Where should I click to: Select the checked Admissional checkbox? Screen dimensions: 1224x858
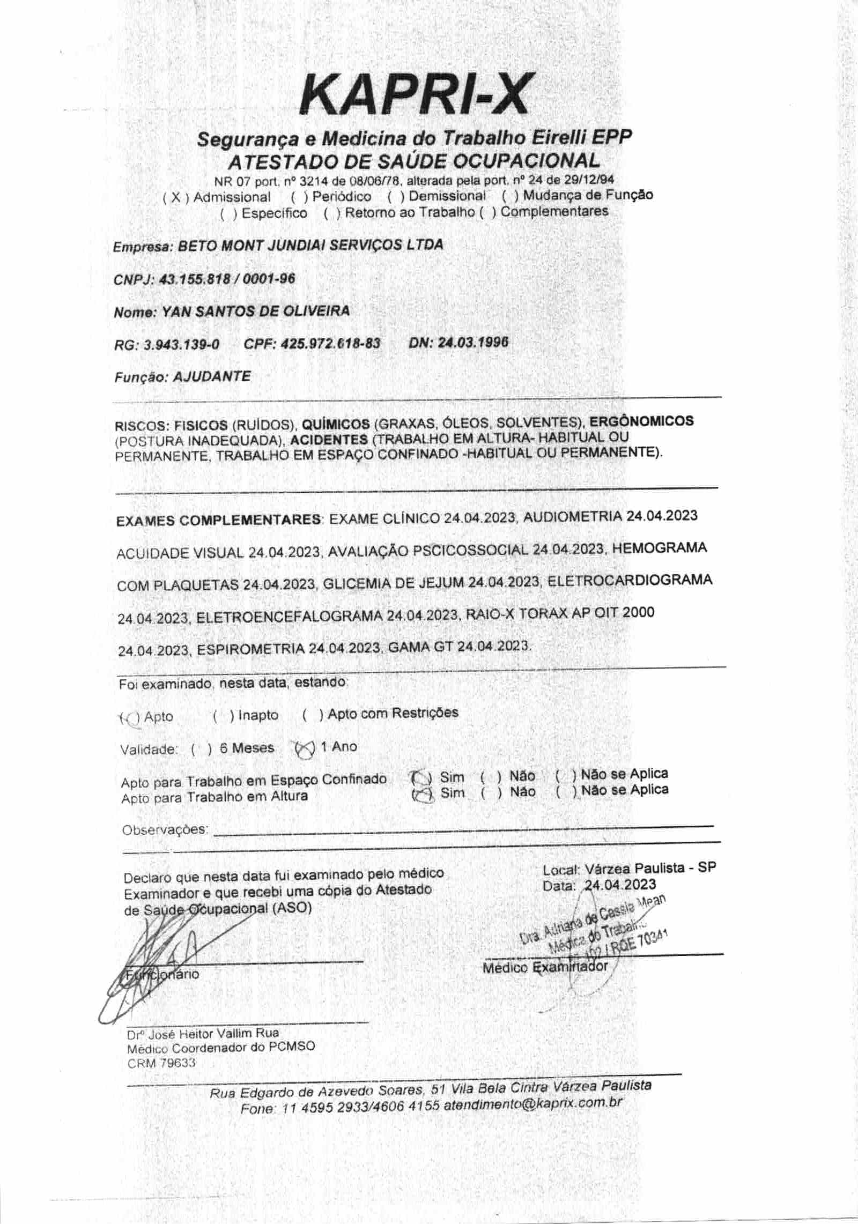tap(175, 198)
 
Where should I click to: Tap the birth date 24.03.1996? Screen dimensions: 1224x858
tap(472, 342)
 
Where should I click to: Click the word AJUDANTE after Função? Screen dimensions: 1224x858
tap(211, 376)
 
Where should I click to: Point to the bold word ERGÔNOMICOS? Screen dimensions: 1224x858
tap(641, 421)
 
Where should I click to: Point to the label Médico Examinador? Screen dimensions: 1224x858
tap(545, 967)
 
